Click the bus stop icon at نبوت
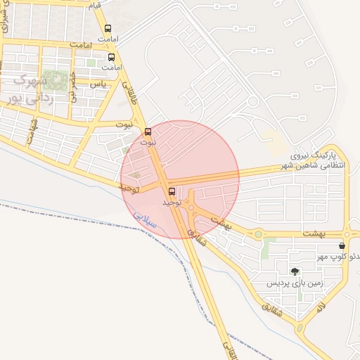point(148,131)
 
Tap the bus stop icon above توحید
point(172,191)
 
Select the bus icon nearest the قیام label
point(107,29)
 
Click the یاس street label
point(99,84)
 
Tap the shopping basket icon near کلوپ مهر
point(342,246)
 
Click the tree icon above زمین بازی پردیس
point(294,271)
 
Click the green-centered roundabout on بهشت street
point(258,234)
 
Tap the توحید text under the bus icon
point(172,202)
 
